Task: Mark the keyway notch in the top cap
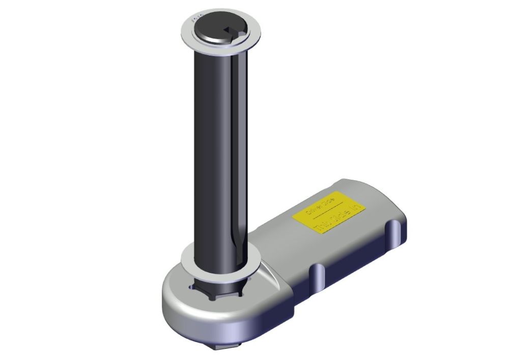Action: [232, 32]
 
